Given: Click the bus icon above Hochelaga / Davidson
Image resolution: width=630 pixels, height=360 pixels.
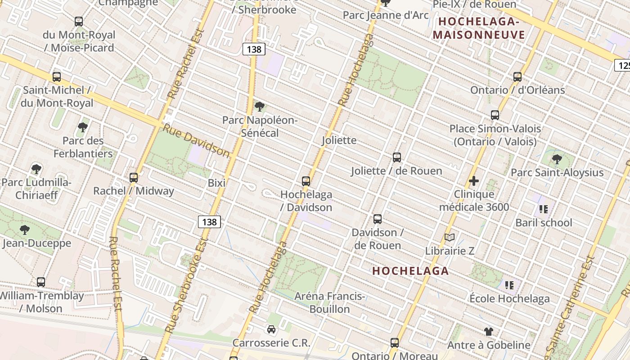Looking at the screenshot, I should click(306, 181).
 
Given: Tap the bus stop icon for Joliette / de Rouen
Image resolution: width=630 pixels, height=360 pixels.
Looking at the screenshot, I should click(396, 157).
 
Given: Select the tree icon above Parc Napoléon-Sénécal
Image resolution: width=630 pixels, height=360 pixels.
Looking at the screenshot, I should click(259, 107).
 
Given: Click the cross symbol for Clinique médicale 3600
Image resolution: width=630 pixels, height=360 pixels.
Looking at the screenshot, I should click(473, 181).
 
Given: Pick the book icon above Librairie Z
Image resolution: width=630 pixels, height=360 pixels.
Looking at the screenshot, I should click(449, 237).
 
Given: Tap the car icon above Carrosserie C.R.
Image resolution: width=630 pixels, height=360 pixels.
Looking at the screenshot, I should click(271, 329).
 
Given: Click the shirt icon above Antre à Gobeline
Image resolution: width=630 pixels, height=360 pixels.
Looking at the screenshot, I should click(489, 332).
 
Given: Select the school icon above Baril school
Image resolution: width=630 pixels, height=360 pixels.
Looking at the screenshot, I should click(544, 209).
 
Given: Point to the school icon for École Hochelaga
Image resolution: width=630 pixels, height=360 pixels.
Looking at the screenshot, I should click(509, 285).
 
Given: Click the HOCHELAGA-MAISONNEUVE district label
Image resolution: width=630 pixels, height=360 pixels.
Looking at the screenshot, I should click(479, 28).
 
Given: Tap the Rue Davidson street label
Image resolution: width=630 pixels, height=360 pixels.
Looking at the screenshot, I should click(196, 140).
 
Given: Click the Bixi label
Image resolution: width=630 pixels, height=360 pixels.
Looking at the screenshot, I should click(216, 183).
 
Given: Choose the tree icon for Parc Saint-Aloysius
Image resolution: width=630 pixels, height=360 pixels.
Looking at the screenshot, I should click(557, 159).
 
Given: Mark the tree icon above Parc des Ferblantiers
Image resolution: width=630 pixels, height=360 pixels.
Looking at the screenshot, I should click(83, 127).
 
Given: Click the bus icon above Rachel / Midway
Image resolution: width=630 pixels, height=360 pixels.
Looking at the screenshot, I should click(134, 178).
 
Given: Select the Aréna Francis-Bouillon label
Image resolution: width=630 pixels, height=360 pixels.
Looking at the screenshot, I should click(329, 302).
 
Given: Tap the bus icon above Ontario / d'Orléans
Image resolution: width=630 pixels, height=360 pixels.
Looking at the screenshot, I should click(517, 77).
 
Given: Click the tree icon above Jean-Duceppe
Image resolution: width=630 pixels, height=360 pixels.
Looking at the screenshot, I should click(25, 230).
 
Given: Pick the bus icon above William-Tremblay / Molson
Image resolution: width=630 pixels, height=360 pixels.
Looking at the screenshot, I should click(41, 282).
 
